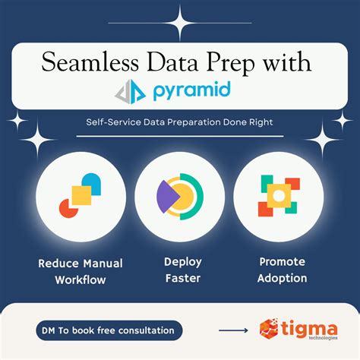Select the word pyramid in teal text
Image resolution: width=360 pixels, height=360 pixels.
(200, 93)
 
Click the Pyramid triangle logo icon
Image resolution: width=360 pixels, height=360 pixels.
(131, 92)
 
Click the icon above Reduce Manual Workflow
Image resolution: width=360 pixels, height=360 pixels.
(80, 197)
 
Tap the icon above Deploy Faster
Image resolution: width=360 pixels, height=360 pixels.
(180, 197)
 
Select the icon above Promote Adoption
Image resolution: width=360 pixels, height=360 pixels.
(278, 197)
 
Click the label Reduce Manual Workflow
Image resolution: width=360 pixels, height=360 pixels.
(80, 271)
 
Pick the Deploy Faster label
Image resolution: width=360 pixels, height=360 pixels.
(182, 270)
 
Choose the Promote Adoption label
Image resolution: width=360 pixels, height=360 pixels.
(281, 270)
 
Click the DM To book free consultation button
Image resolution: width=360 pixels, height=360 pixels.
(109, 330)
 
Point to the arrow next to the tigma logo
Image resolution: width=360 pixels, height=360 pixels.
(233, 330)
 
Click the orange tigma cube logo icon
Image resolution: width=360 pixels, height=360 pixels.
(270, 330)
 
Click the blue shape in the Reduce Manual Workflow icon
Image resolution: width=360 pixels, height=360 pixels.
(92, 185)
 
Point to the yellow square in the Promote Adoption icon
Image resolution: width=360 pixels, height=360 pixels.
(278, 197)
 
